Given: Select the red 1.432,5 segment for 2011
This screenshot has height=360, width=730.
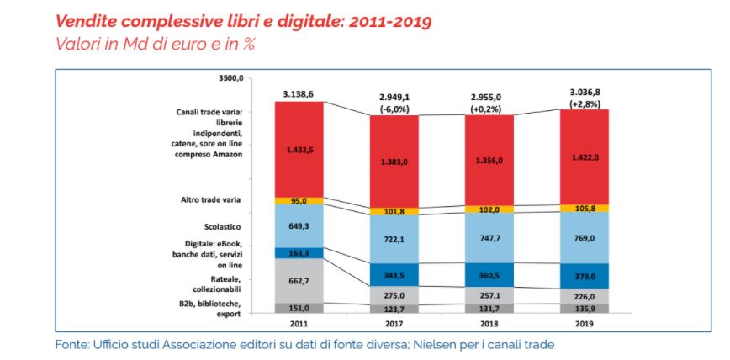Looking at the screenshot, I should pos(299,149).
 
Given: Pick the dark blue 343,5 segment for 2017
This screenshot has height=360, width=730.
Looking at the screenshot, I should pos(394,275).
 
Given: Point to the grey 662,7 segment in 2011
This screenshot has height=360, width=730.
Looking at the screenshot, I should pos(299,279).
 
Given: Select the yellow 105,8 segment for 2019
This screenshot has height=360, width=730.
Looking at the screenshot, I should pos(585,208).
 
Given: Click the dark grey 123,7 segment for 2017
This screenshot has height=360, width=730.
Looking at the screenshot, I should pos(394,309).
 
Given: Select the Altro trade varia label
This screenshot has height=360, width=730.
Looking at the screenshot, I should pos(210,201).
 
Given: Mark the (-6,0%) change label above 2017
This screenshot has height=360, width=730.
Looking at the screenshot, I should pos(394,109).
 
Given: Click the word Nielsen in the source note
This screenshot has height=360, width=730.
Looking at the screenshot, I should pos(443,344).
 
